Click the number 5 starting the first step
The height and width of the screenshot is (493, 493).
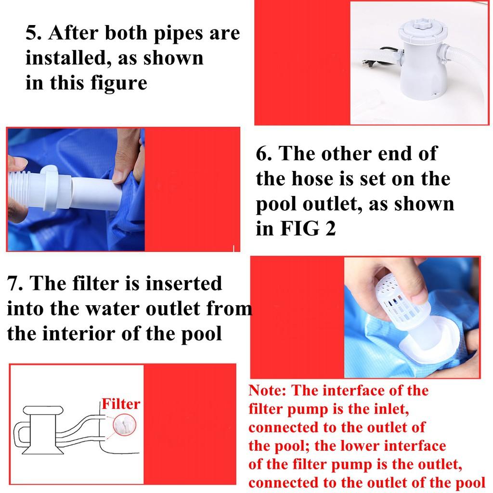(x=32, y=34)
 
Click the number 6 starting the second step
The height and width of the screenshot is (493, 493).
(x=262, y=154)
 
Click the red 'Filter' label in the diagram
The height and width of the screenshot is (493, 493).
(x=120, y=404)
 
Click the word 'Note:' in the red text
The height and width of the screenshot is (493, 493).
(x=267, y=390)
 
